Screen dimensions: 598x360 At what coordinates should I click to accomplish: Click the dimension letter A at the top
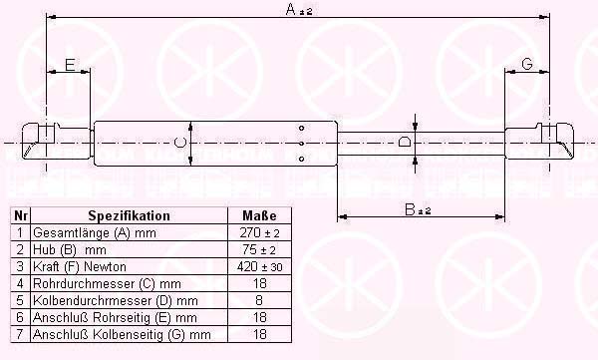291,9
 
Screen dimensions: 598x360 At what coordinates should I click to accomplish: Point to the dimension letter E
70,65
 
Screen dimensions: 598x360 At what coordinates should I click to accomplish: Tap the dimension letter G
526,64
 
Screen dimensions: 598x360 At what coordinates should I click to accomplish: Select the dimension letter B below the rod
410,209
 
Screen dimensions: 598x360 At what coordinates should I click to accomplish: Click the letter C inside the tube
179,143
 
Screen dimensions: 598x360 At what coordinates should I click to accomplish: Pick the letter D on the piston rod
404,142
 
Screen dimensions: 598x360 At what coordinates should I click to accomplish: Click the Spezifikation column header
129,215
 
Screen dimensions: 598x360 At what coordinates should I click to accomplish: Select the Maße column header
259,215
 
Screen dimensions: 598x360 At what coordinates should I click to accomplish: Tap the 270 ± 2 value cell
259,232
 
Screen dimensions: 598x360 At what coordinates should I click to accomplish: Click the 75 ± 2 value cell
259,249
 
